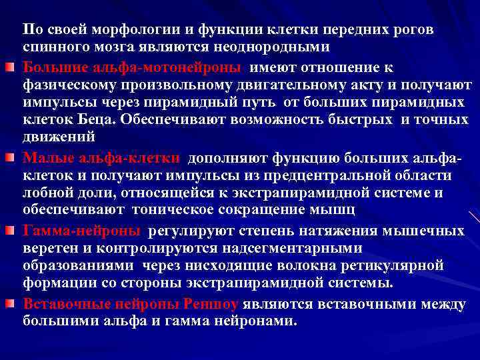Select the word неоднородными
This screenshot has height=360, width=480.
[278, 49]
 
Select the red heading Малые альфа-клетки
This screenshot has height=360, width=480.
[101, 158]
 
